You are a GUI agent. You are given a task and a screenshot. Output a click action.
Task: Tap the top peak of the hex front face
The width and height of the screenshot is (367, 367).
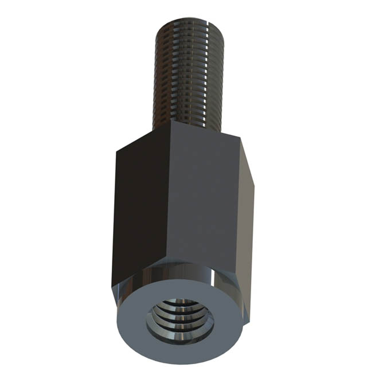point(172,122)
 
